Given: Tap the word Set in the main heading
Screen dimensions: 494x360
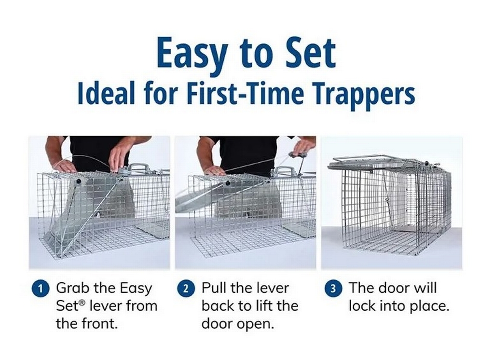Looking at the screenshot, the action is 311,53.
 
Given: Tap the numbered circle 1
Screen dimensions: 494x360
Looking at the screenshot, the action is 41,289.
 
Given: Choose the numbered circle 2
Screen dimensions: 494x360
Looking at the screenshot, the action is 186,289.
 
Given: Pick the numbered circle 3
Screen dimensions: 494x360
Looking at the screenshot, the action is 333,289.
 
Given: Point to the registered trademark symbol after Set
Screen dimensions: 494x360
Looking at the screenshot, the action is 82,303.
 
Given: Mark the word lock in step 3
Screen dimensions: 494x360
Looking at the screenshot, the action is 362,306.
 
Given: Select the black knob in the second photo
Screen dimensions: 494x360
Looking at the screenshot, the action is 227,184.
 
